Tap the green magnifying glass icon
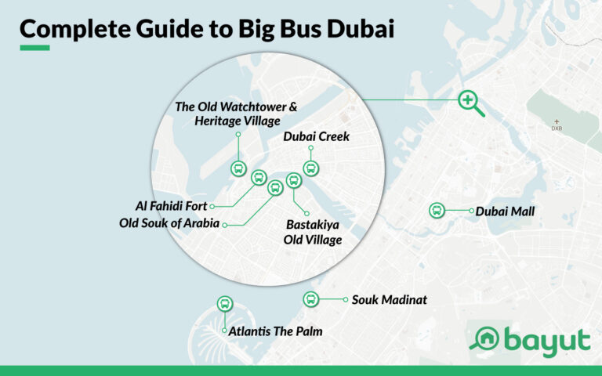click(x=469, y=101)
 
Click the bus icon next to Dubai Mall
click(x=437, y=210)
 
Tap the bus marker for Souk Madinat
click(x=311, y=298)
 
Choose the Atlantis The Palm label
click(x=275, y=331)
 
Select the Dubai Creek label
click(x=316, y=137)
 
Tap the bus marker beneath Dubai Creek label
click(x=310, y=168)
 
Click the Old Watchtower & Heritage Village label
click(x=236, y=114)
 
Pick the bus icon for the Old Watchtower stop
click(x=238, y=168)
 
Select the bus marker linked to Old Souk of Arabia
click(x=275, y=188)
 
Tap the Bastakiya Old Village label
click(x=313, y=233)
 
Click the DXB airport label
click(x=557, y=128)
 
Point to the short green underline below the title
click(x=34, y=48)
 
